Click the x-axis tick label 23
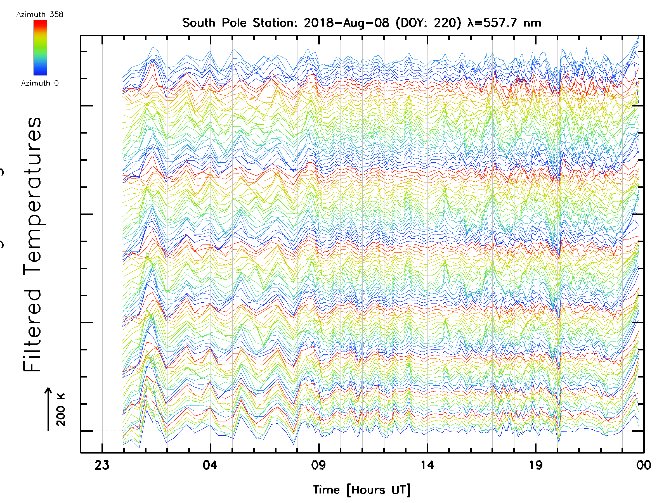pos(102,465)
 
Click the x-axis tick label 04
pos(210,465)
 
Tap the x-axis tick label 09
pos(318,465)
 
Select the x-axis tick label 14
pos(427,465)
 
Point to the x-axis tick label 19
pos(535,465)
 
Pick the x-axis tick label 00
pos(643,465)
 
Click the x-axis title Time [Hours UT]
pos(362,490)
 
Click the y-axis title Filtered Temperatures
pos(32,244)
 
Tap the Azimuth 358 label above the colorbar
pos(40,14)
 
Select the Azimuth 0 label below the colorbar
pos(40,83)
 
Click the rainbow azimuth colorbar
pos(40,48)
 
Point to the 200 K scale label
pos(61,409)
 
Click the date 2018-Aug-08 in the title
pos(346,23)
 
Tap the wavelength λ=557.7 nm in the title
pos(504,23)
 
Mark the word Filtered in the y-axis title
pos(32,331)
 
